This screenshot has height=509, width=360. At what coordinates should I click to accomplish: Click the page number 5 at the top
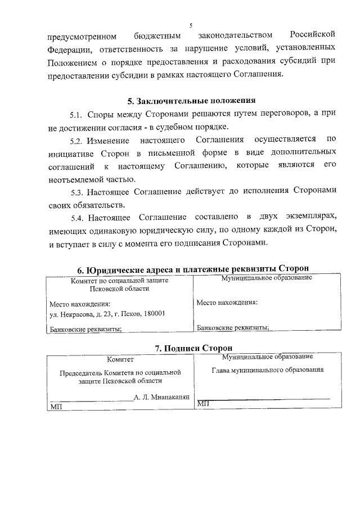click(x=191, y=25)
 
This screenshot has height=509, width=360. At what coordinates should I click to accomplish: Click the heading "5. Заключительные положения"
click(x=191, y=101)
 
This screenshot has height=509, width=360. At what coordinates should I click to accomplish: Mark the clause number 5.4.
click(x=77, y=217)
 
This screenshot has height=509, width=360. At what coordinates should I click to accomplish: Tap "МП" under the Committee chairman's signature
click(x=56, y=406)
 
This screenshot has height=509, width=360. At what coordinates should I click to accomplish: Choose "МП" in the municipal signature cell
click(x=203, y=403)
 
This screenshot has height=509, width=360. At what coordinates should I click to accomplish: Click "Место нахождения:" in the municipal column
click(x=227, y=303)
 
